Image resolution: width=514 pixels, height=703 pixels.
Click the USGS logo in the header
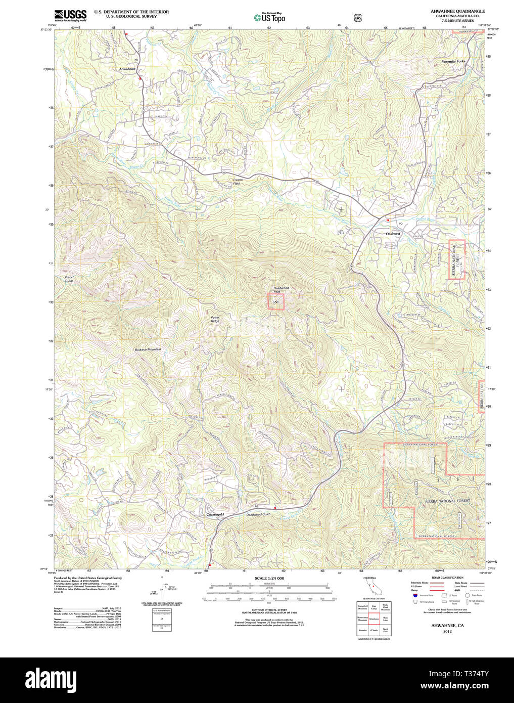pos(70,16)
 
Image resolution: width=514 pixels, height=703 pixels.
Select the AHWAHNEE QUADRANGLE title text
pos(457,11)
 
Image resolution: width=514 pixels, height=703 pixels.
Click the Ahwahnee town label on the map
pos(127,69)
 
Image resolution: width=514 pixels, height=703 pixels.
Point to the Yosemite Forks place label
pos(453,61)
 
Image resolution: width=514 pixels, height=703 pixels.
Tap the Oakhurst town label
pos(393,234)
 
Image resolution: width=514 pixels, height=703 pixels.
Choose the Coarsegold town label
pos(215,515)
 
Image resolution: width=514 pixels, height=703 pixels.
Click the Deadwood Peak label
pos(281,290)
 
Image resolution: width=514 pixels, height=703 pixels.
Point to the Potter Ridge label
pos(215,319)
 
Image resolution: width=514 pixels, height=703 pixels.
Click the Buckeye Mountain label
pos(148,349)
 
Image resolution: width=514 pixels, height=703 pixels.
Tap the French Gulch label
pos(69,279)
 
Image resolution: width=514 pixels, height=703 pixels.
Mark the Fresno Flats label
pos(237,181)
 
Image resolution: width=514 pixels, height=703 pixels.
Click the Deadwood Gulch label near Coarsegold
pos(258,514)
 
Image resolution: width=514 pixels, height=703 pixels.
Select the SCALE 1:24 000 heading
pos(269,578)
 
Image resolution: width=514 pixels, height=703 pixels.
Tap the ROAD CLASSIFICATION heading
pos(447,578)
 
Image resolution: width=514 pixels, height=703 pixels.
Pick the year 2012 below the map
pos(447,631)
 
